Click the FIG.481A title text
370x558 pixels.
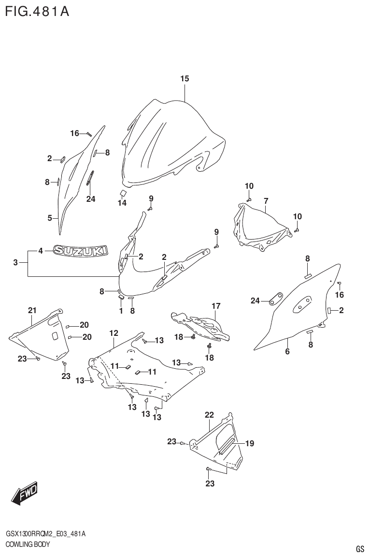pyautogui.click(x=37, y=11)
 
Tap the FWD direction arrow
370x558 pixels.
pyautogui.click(x=23, y=494)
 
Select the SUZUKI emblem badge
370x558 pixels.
pyautogui.click(x=80, y=251)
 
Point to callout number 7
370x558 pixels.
pyautogui.click(x=266, y=200)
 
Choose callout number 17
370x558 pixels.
pyautogui.click(x=215, y=306)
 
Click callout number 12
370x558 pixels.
pyautogui.click(x=114, y=333)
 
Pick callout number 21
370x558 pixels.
pyautogui.click(x=32, y=310)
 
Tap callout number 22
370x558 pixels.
pyautogui.click(x=209, y=415)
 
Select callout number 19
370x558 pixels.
pyautogui.click(x=249, y=443)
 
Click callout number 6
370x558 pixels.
pyautogui.click(x=287, y=352)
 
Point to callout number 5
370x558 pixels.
pyautogui.click(x=50, y=218)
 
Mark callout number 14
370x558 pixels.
pyautogui.click(x=122, y=203)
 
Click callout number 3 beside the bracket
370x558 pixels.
pyautogui.click(x=15, y=262)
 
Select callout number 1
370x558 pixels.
pyautogui.click(x=121, y=311)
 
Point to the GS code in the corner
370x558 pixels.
pyautogui.click(x=359, y=549)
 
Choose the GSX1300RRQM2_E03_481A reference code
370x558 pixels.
pyautogui.click(x=46, y=534)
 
